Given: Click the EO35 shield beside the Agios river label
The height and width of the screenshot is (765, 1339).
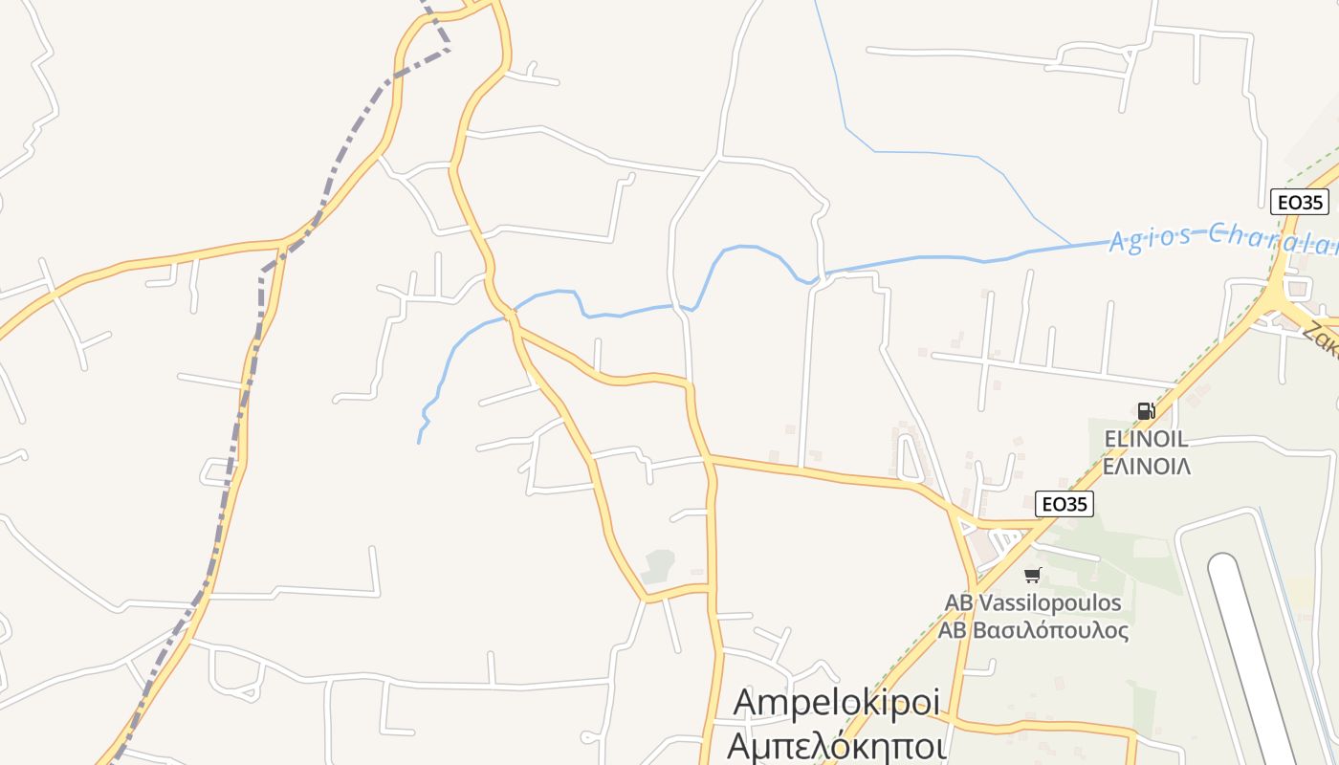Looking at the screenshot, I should pos(1300,202).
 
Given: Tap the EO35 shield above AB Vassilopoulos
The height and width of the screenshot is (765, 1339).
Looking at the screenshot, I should pos(1065,504).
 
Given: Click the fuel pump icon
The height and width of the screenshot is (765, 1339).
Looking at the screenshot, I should pos(1146,411).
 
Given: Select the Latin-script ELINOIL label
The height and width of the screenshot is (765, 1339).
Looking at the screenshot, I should pos(1146,439).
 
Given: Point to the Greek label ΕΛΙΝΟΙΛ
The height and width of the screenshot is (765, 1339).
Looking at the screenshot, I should pos(1146,467).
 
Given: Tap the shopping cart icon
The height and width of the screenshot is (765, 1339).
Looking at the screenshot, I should pos(1032,575).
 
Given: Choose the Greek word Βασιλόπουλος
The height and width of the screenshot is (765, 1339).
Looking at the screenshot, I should pos(1049,631).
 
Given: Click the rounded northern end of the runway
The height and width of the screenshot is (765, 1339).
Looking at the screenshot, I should pos(1223,565).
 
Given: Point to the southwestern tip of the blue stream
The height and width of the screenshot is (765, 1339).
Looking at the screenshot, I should pos(419,441).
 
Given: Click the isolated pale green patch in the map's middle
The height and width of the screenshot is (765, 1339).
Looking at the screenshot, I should pos(658,566).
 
